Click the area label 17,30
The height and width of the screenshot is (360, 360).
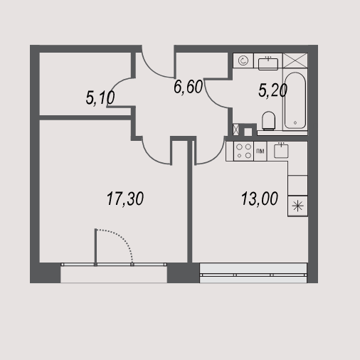coord(125,198)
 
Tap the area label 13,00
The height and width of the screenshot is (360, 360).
coord(260,198)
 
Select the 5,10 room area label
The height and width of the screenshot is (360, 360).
coord(100,97)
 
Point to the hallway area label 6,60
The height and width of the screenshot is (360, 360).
coord(188,87)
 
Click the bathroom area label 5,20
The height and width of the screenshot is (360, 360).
coord(272,90)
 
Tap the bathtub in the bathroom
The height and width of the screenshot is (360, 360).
coord(295,100)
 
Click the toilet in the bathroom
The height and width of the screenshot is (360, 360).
coord(269,121)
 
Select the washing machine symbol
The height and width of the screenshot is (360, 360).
coord(243,60)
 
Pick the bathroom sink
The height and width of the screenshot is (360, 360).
coord(268,63)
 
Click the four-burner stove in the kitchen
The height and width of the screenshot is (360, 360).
coord(244,151)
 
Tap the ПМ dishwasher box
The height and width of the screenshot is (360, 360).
coord(260,151)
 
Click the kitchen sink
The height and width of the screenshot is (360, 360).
coord(281,151)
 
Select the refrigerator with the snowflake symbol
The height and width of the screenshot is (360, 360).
coord(297,206)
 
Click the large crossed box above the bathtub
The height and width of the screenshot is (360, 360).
coord(295,60)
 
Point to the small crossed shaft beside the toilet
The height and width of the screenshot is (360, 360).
coord(235,129)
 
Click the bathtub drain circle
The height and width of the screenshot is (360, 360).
coord(295,122)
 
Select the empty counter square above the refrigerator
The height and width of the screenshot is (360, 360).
coord(297,186)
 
